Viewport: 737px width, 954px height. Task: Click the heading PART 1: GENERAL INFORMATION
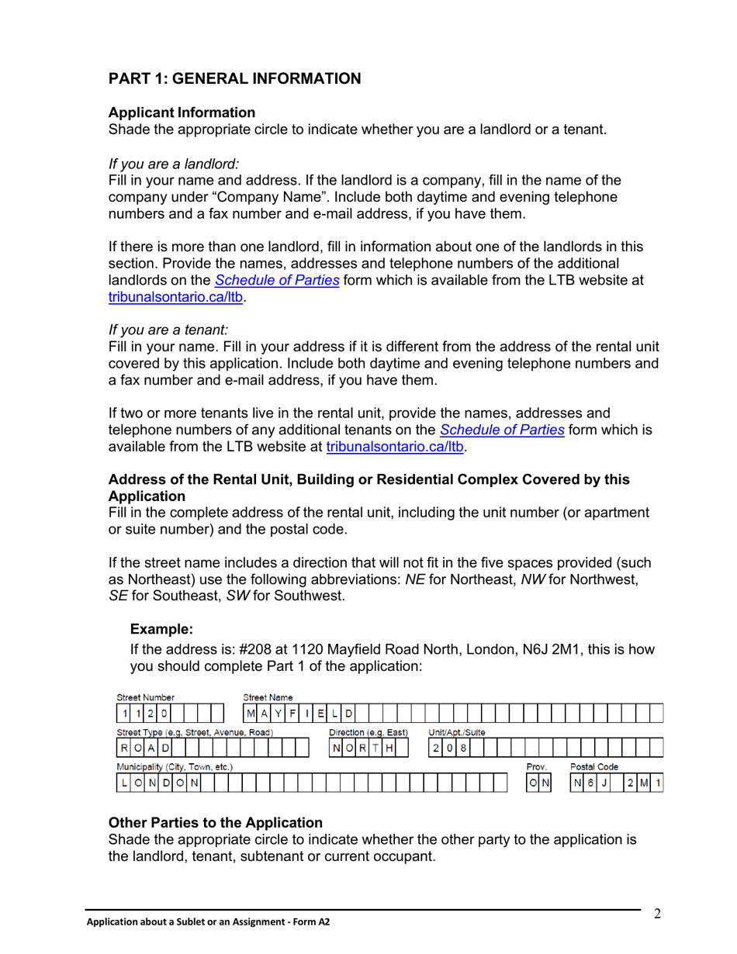pyautogui.click(x=234, y=78)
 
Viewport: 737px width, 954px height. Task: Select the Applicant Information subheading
pyautogui.click(x=182, y=112)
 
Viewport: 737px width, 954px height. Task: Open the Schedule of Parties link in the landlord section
pyautogui.click(x=277, y=280)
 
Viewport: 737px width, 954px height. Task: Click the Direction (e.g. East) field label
pyautogui.click(x=368, y=732)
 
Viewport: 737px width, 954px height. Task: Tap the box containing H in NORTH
pyautogui.click(x=389, y=748)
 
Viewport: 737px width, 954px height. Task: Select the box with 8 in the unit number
pyautogui.click(x=463, y=748)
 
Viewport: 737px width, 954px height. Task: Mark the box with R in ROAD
pyautogui.click(x=125, y=748)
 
